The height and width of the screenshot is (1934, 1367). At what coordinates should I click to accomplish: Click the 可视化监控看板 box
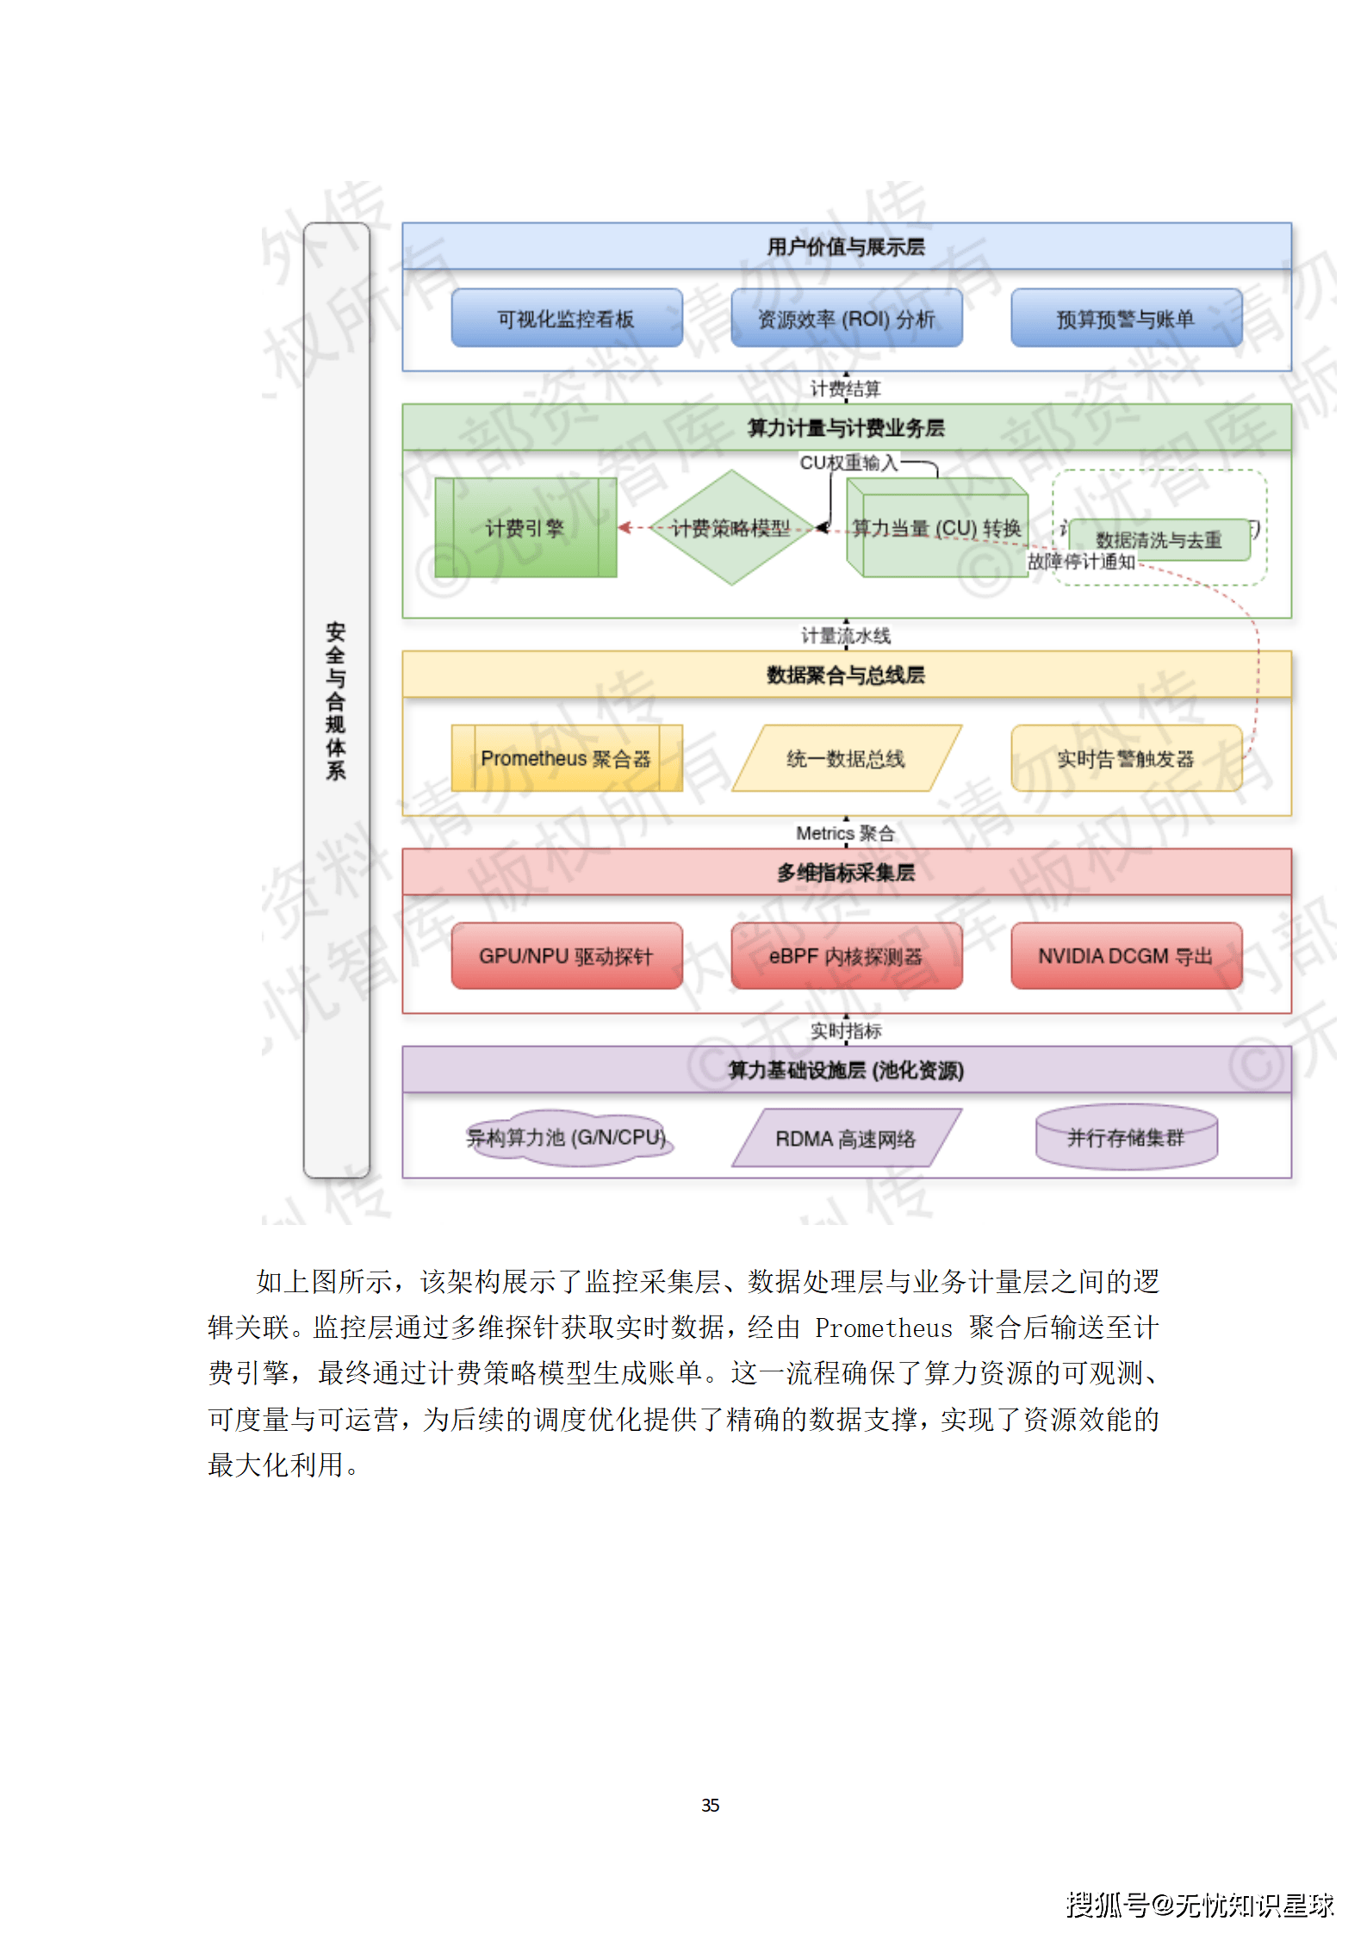(566, 319)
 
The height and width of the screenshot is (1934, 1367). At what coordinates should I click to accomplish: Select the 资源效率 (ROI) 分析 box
(846, 319)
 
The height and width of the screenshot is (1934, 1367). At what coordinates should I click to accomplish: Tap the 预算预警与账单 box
(1126, 319)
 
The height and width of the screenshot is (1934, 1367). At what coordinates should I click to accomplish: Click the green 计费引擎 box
(525, 527)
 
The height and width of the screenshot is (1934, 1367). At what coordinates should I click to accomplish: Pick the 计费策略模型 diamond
(731, 527)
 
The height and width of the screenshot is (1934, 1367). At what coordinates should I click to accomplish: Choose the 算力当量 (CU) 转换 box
(937, 528)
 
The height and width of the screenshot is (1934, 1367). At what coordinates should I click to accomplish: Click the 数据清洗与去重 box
(1159, 540)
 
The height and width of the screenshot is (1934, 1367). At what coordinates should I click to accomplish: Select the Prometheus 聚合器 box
(566, 758)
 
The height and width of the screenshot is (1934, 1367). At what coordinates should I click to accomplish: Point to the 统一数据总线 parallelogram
(846, 758)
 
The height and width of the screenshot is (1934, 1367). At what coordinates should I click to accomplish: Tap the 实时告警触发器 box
(1126, 758)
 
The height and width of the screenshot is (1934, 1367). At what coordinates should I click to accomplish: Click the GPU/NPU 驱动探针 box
(566, 955)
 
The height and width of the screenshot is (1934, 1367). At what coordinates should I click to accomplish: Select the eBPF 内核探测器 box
(846, 955)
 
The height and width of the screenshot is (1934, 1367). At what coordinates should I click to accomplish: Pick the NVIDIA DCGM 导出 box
(1126, 955)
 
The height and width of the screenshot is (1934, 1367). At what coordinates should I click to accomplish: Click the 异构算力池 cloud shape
(566, 1137)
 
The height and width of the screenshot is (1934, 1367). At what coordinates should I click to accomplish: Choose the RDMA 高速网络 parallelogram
(846, 1138)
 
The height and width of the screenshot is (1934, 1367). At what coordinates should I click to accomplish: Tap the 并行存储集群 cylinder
(1126, 1137)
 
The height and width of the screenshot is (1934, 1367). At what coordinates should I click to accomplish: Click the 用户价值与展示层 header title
(846, 247)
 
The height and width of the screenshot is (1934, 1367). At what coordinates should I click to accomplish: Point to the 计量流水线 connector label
(846, 636)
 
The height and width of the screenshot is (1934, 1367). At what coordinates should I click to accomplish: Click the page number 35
(710, 1805)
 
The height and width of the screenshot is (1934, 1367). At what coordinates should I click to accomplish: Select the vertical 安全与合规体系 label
(336, 700)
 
